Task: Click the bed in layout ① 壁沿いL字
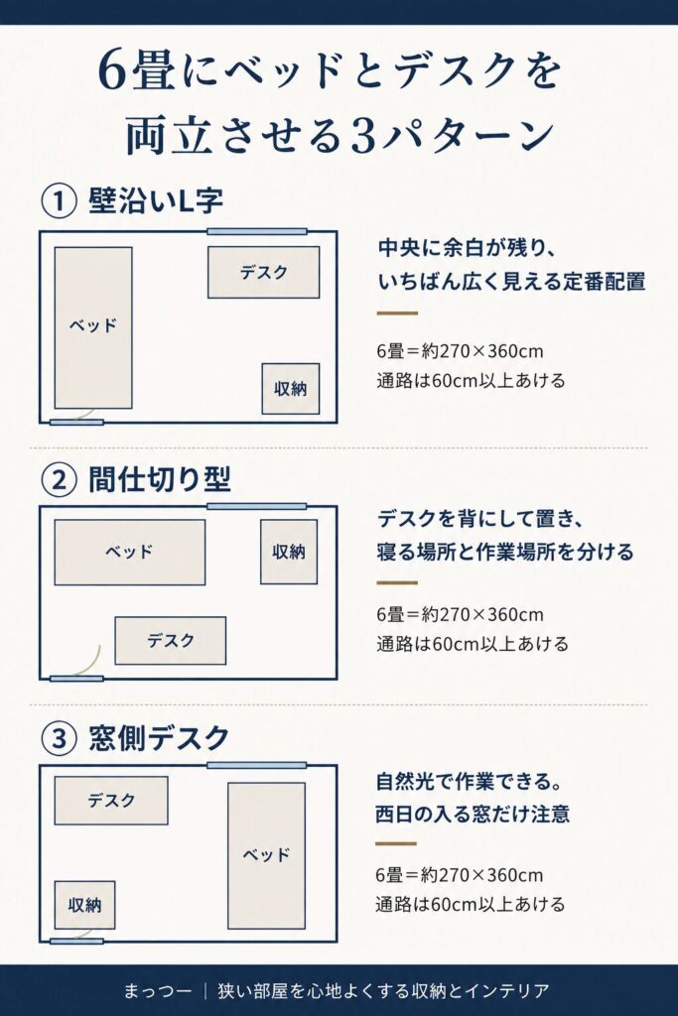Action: point(93,327)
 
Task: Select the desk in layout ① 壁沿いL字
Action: point(263,272)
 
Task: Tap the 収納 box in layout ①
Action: point(291,389)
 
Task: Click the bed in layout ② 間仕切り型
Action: point(130,552)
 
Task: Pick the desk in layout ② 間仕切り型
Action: point(171,641)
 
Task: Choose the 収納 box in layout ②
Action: point(289,552)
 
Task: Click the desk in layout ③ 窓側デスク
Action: point(111,801)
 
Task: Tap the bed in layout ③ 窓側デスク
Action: point(266,855)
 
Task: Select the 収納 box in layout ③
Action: point(85,905)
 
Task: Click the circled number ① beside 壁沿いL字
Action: point(59,200)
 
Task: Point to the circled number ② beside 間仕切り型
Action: point(59,480)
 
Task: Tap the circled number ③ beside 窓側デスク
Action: point(59,738)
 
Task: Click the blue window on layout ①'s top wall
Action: point(257,231)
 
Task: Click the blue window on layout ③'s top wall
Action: point(257,765)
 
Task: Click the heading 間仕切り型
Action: point(160,480)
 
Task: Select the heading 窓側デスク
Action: point(159,738)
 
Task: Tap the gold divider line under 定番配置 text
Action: point(397,314)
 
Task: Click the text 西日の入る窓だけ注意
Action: point(473,814)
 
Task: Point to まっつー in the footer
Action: point(158,991)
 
